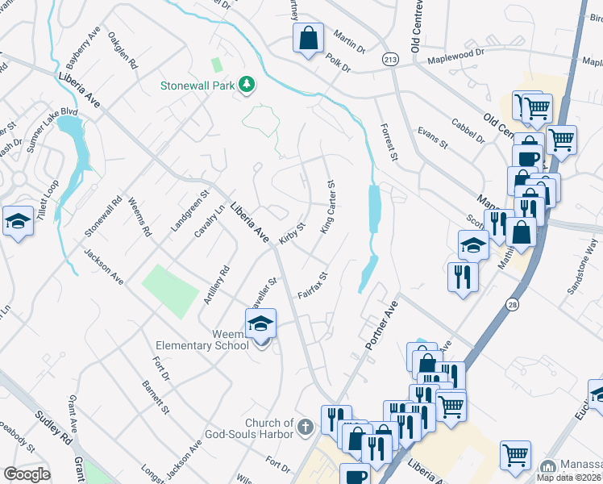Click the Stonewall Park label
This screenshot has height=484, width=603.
tap(196, 84)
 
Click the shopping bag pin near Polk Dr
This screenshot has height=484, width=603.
tap(307, 38)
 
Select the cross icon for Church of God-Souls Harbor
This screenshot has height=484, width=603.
tap(305, 425)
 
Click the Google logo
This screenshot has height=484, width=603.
tap(27, 474)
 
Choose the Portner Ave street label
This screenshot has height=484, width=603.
tap(381, 326)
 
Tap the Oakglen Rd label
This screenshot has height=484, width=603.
tap(120, 49)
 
